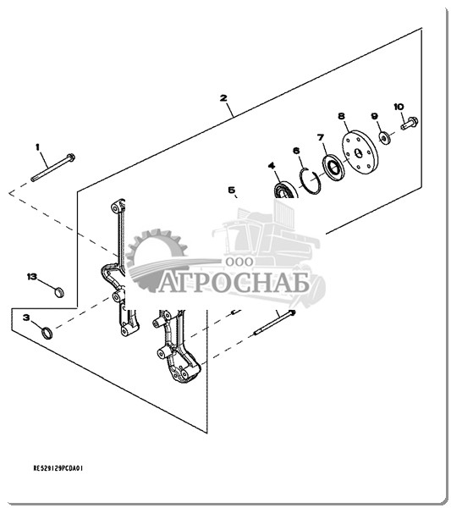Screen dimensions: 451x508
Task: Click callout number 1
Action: (x=37, y=147)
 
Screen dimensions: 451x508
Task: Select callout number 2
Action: (x=223, y=98)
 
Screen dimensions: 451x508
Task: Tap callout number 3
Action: (x=26, y=317)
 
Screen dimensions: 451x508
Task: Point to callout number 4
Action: (x=272, y=166)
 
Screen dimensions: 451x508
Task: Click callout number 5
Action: (x=232, y=190)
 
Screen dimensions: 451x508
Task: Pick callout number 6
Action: (x=296, y=151)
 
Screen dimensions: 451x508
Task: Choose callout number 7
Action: (x=321, y=138)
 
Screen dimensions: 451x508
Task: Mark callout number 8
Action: (x=342, y=116)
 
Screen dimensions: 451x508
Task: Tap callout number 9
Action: (x=374, y=116)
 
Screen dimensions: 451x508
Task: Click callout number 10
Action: (x=399, y=107)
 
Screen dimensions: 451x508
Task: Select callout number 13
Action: (x=32, y=277)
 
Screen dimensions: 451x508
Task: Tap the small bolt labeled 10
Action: (x=410, y=123)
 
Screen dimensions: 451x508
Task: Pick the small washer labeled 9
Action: (x=385, y=138)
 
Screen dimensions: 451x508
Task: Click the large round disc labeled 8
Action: (x=360, y=152)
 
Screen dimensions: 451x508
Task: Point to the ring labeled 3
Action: (x=47, y=333)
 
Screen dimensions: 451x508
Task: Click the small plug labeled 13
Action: (x=58, y=292)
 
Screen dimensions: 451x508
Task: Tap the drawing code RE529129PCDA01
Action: (x=58, y=468)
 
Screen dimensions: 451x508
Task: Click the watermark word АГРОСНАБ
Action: (x=234, y=285)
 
